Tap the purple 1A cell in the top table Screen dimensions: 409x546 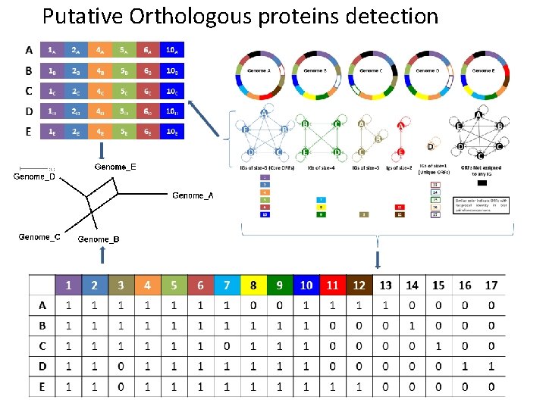click(52, 51)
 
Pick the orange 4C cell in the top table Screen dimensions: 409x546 click(101, 91)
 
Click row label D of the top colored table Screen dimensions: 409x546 click(28, 111)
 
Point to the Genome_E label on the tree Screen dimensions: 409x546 click(115, 166)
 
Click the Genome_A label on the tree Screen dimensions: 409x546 click(193, 195)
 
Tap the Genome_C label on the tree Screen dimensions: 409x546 click(39, 237)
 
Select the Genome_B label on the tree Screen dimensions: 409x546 click(99, 240)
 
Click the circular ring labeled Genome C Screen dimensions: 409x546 click(371, 70)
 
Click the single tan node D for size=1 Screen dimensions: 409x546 click(430, 145)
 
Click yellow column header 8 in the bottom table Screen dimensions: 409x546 click(253, 285)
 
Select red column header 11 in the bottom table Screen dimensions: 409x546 click(332, 285)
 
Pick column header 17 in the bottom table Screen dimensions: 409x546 click(491, 285)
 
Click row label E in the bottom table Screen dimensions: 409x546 click(41, 386)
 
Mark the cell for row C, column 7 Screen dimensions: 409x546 click(226, 345)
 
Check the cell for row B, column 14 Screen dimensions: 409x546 click(412, 325)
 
